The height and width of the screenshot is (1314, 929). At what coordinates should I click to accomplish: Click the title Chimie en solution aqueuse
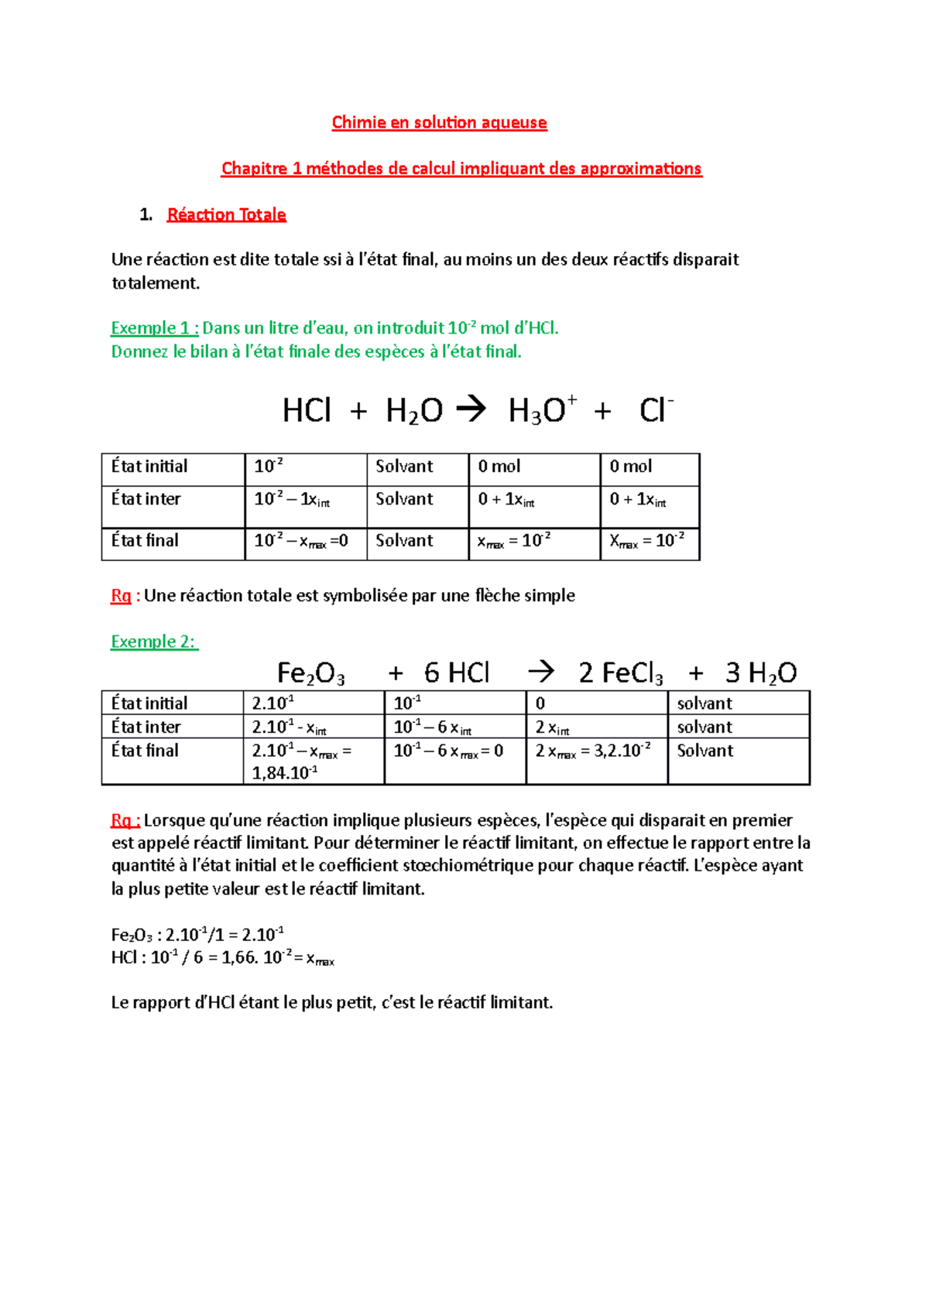coord(439,122)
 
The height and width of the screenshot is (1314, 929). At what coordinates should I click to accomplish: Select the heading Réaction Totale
coord(226,214)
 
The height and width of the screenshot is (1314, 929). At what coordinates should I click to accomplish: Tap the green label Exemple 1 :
coord(154,328)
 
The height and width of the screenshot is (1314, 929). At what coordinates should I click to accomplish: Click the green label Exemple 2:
coord(154,642)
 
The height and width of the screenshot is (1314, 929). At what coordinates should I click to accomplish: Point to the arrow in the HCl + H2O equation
coord(471,409)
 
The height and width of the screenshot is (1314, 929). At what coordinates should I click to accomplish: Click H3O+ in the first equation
coord(541,410)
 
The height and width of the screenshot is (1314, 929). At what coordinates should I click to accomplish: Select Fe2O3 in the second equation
coord(310,673)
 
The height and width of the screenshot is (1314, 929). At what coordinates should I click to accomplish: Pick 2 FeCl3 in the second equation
coord(620,673)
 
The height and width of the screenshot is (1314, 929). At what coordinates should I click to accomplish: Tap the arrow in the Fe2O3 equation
coord(540,672)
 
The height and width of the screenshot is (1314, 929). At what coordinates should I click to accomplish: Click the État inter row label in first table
coord(146,499)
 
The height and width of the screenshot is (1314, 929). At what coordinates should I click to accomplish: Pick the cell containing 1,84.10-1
coord(314,761)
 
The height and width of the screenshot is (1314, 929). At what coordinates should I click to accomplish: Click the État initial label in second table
coord(149,703)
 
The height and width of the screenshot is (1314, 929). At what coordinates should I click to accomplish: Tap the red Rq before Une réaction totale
coord(121,596)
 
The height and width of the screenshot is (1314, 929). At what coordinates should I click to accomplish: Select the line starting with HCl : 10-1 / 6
coord(223,958)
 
